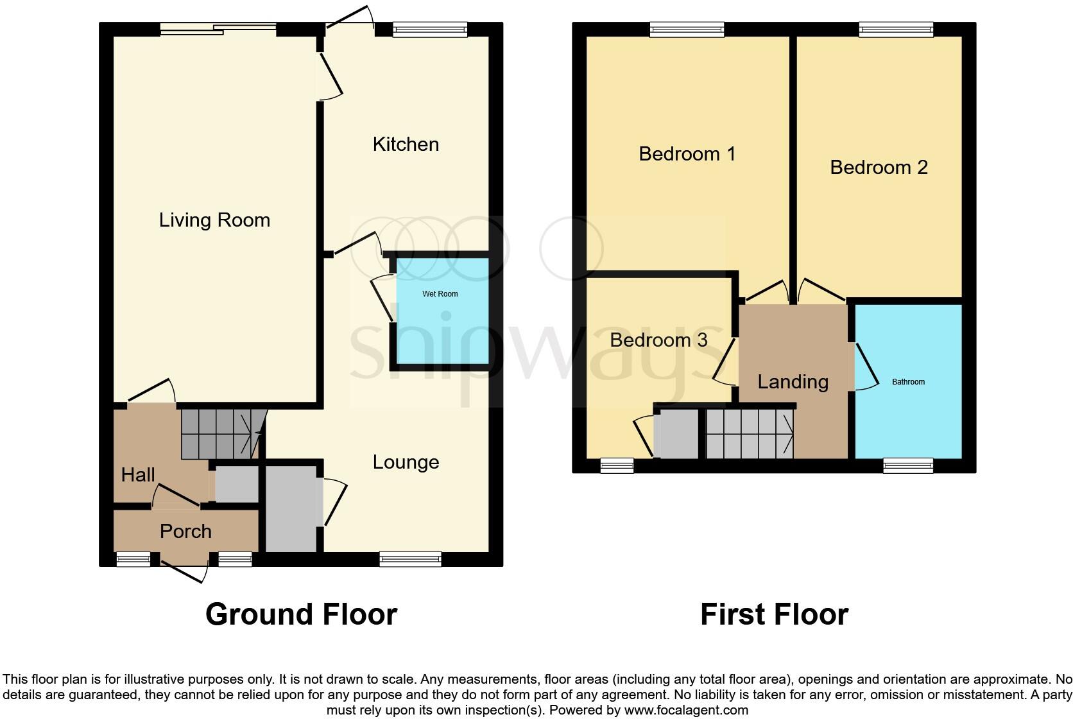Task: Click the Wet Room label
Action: tap(440, 294)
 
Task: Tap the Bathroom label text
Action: tap(908, 382)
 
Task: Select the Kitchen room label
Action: tap(406, 144)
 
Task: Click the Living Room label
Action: tap(214, 220)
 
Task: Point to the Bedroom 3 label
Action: tap(658, 340)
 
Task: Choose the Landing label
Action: tap(793, 382)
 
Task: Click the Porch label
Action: tap(185, 532)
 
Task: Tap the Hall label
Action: tap(138, 475)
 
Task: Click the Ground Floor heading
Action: tap(301, 614)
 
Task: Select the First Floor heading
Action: tap(774, 614)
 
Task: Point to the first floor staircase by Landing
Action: tap(750, 434)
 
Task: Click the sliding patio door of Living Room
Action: tap(218, 28)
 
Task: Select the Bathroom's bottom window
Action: tap(908, 465)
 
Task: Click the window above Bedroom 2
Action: tap(896, 28)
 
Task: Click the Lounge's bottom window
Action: tap(410, 559)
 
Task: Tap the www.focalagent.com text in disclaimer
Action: tap(686, 710)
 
